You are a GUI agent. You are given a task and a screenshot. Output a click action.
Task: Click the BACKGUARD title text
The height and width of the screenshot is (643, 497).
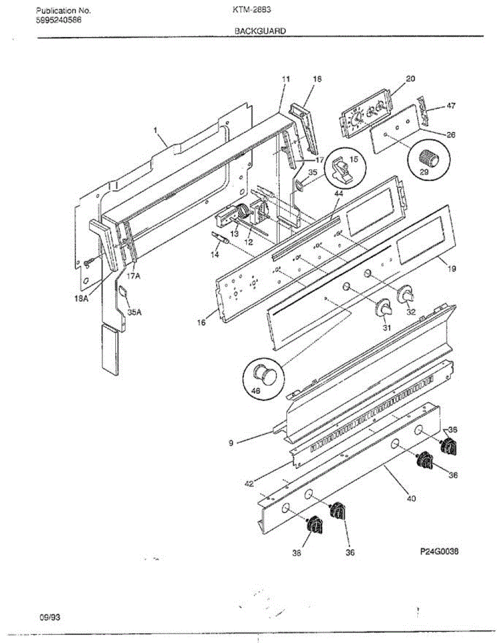click(x=260, y=31)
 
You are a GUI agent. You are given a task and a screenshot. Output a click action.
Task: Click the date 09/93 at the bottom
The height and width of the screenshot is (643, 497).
click(x=50, y=617)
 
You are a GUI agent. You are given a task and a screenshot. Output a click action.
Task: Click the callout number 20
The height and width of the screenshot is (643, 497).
click(x=410, y=79)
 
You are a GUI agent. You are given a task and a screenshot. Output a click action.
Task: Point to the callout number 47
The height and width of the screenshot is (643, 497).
click(x=451, y=106)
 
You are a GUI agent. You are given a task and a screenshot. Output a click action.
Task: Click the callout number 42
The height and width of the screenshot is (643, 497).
click(x=248, y=484)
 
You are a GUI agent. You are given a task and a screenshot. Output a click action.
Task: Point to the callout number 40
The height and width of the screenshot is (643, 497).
click(x=411, y=498)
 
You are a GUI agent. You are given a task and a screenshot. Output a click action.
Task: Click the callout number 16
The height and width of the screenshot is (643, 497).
click(x=201, y=323)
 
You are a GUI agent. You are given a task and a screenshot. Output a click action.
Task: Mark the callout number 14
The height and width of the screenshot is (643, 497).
click(x=214, y=255)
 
